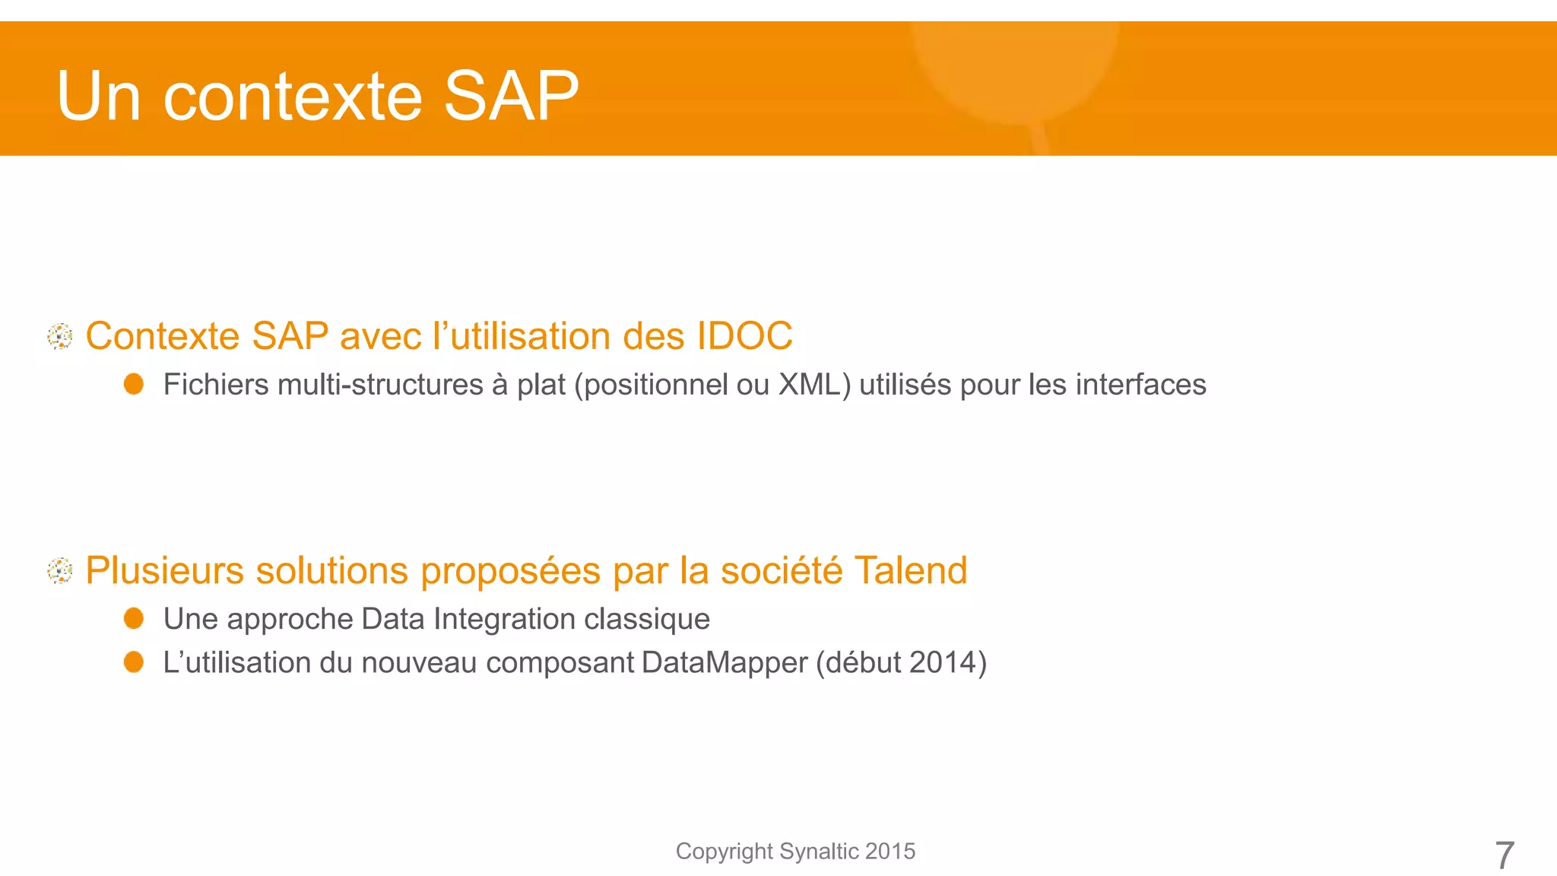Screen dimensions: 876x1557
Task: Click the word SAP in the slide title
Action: (x=510, y=96)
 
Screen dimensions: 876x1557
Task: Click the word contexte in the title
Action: (x=293, y=97)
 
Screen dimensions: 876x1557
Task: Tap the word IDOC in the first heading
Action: (x=744, y=336)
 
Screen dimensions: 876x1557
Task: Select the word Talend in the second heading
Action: (x=910, y=570)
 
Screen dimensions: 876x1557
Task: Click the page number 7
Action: (x=1504, y=855)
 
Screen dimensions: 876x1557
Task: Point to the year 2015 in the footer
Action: (x=889, y=851)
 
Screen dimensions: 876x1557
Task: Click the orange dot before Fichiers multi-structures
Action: (x=134, y=384)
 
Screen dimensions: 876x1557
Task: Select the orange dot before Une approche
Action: (x=134, y=618)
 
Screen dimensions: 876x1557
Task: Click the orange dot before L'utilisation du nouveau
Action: (x=134, y=662)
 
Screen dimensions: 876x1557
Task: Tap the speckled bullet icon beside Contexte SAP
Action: (x=60, y=336)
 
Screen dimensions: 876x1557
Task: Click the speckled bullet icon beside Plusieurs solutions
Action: (x=60, y=570)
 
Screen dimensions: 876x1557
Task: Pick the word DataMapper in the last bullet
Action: (x=724, y=662)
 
